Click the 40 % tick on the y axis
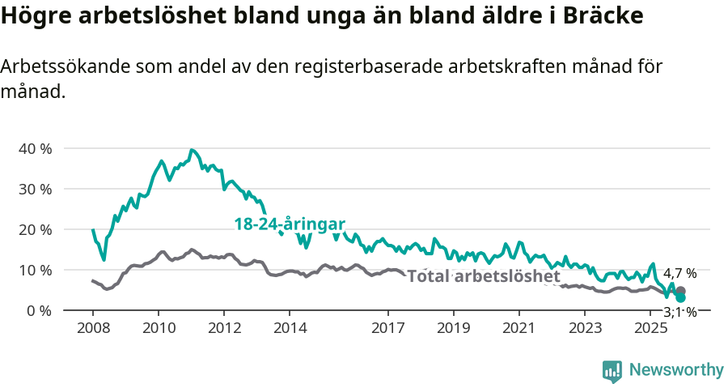(x=35, y=149)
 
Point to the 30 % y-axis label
(x=35, y=190)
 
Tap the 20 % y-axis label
(x=35, y=230)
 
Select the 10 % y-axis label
(x=35, y=271)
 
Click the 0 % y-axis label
(x=39, y=311)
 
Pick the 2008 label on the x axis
(x=93, y=328)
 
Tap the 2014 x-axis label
(x=290, y=328)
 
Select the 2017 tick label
(x=388, y=328)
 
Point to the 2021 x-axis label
(x=519, y=328)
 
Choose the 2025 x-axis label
(x=650, y=328)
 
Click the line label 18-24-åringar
(x=290, y=224)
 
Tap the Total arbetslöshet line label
(x=484, y=277)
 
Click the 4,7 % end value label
(x=679, y=273)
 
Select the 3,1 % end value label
(x=679, y=312)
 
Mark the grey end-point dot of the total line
(x=681, y=291)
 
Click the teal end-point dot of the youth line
(x=681, y=298)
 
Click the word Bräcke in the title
(x=602, y=16)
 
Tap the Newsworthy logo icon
(x=612, y=371)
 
